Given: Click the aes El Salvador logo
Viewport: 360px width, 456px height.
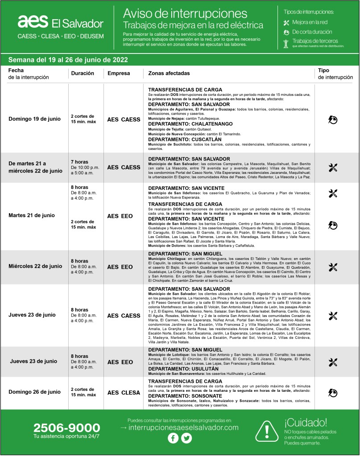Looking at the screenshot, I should click(x=60, y=22).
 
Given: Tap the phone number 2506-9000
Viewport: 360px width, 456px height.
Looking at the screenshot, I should click(x=66, y=428).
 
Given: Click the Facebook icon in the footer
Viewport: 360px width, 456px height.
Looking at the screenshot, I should click(x=173, y=438).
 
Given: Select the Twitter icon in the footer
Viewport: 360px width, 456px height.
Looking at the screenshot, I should click(x=186, y=438).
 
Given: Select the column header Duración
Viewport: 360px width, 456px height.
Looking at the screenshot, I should click(x=83, y=73).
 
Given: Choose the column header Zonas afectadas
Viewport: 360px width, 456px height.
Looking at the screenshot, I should click(x=169, y=73).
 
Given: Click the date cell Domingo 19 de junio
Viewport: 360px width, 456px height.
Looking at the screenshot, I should click(x=35, y=119).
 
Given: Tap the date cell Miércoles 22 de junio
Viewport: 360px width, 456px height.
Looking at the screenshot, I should click(x=35, y=266).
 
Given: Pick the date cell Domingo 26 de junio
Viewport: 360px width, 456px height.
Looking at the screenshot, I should click(x=35, y=392).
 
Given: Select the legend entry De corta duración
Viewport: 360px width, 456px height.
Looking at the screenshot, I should click(x=312, y=32).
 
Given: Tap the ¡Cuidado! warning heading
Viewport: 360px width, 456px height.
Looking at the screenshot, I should click(x=306, y=422).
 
